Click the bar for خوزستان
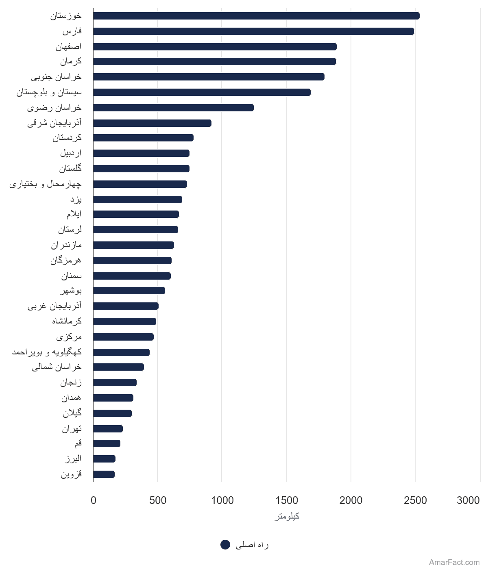tap(256, 16)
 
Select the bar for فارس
tap(253, 31)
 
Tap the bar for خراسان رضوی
tap(173, 108)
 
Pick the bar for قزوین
tap(104, 474)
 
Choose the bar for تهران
tap(108, 429)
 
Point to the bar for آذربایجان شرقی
tap(152, 123)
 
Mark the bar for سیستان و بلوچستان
tap(202, 92)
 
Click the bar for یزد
tap(138, 200)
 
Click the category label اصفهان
tap(69, 46)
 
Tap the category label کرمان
tap(71, 61)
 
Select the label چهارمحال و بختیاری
tap(46, 184)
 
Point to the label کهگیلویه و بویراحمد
tap(47, 352)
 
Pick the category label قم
tap(78, 443)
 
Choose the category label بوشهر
tap(71, 291)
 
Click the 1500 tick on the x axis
tap(287, 500)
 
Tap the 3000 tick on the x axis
tap(468, 500)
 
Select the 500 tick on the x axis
tap(158, 500)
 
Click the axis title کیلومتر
tap(287, 516)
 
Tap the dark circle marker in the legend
tap(225, 545)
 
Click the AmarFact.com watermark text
tap(454, 562)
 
